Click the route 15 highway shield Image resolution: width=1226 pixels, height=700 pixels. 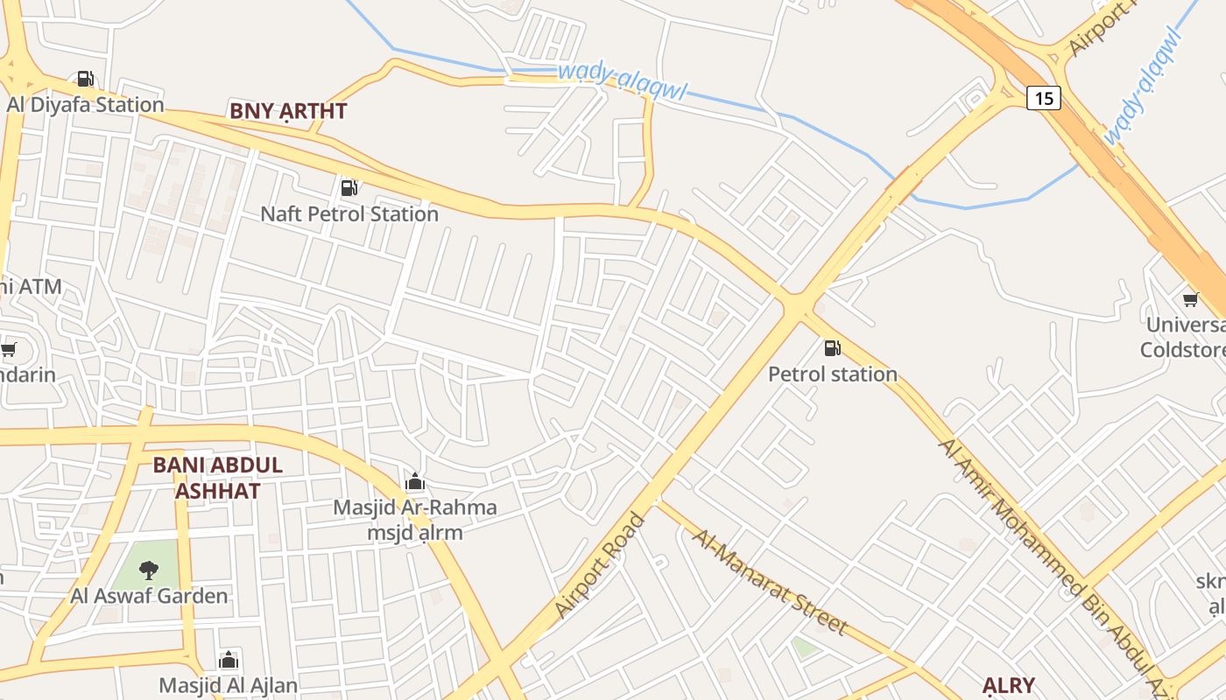[x=1043, y=98]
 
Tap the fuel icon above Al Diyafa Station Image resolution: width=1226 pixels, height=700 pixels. [x=85, y=80]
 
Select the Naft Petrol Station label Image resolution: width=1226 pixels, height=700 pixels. [x=349, y=213]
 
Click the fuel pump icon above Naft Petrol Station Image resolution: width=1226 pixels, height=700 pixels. [x=349, y=188]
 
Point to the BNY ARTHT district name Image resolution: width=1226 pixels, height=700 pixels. [x=288, y=111]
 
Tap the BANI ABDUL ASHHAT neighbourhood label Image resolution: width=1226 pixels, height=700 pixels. [x=217, y=478]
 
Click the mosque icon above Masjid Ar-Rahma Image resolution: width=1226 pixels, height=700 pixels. [x=415, y=482]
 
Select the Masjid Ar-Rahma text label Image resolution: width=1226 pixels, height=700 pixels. [x=415, y=507]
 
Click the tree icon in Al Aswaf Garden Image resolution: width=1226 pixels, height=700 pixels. [x=149, y=570]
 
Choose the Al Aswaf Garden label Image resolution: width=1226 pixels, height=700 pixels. [x=149, y=596]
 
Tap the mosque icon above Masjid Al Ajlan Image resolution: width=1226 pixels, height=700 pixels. [x=229, y=660]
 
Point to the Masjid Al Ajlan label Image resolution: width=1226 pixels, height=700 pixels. [x=229, y=685]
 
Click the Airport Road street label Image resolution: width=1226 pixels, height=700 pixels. [x=600, y=566]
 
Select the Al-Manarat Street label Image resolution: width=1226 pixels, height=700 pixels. [x=770, y=582]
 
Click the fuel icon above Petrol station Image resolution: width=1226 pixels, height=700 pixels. [x=832, y=348]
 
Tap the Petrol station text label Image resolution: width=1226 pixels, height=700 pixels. [x=833, y=374]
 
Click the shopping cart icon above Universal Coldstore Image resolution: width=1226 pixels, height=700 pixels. [x=1190, y=300]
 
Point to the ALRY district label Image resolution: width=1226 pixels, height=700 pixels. [x=1008, y=685]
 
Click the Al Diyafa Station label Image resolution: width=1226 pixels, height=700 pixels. [x=86, y=105]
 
